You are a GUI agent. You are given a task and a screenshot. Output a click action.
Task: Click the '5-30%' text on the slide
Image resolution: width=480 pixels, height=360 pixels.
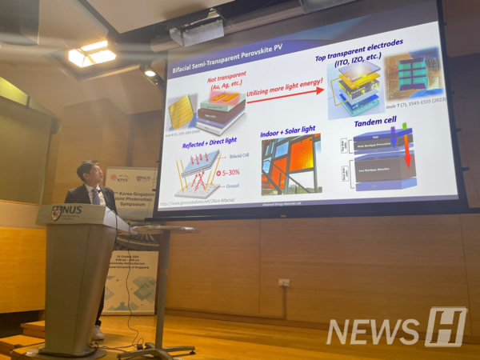coord(230,173)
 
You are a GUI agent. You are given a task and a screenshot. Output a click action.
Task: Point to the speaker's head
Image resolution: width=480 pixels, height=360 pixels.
coord(89,172)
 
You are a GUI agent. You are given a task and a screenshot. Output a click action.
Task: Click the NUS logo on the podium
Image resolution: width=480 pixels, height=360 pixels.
coord(66,214)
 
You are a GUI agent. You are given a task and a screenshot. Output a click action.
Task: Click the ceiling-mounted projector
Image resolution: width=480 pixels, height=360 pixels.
coord(196,31)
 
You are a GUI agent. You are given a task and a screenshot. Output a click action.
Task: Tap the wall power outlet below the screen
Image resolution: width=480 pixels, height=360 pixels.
coord(283,282)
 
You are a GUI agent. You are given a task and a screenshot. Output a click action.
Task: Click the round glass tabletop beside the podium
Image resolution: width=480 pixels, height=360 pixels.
coord(164,230)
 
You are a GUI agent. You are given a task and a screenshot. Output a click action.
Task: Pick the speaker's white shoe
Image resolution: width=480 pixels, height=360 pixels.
coord(98,332)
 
